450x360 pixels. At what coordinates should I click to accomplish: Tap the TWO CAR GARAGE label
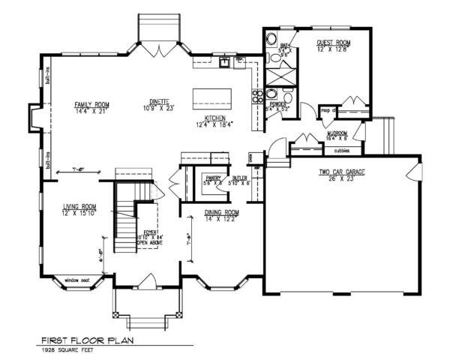[x=341, y=172]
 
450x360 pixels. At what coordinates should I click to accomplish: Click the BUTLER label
[x=240, y=178]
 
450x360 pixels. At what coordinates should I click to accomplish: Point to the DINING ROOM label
[x=221, y=213]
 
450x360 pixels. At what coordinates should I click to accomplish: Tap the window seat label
[x=76, y=279]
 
